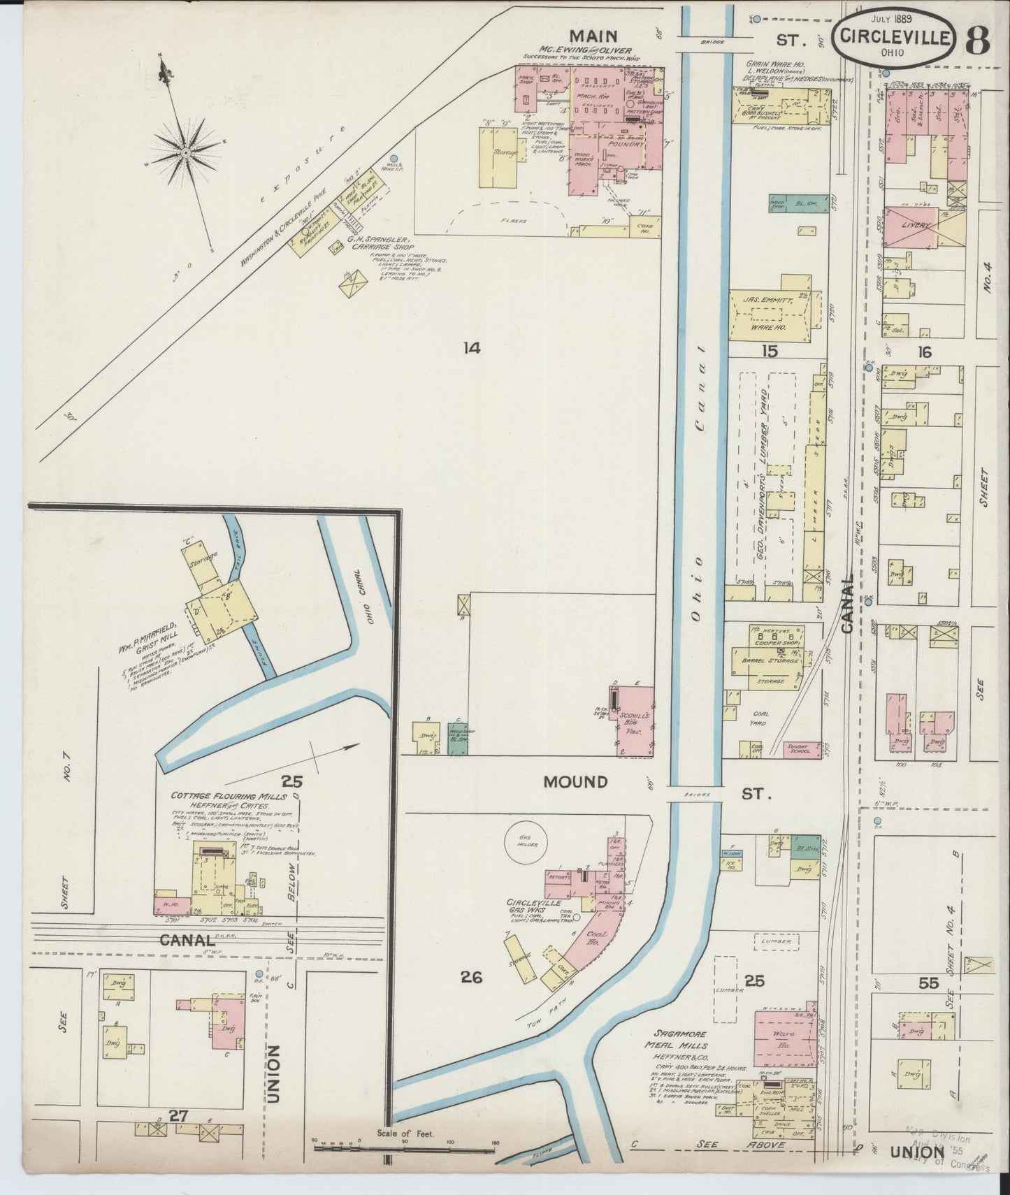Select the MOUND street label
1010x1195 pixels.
(x=576, y=782)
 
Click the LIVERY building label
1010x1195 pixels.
(x=916, y=226)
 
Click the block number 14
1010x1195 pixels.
(x=472, y=347)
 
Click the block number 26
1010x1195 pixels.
(x=472, y=977)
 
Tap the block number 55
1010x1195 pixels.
(x=928, y=983)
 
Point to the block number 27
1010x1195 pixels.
(x=179, y=1116)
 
